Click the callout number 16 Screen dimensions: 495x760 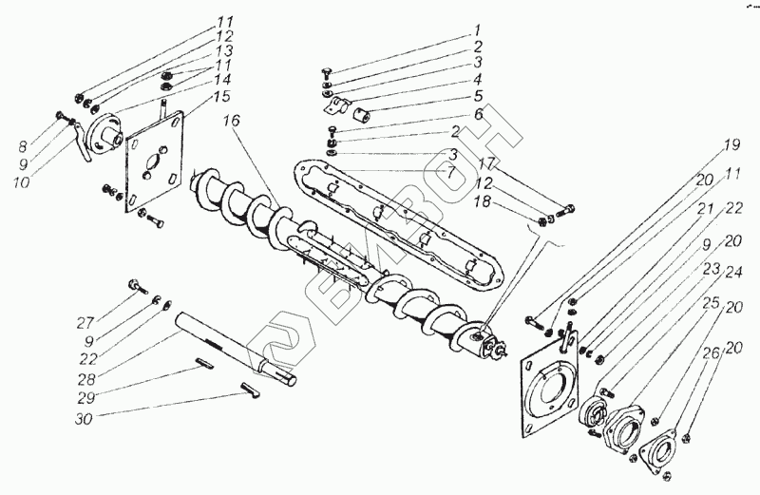coord(233,123)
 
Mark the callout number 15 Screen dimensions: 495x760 coord(221,96)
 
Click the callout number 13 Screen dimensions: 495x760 coord(224,49)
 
